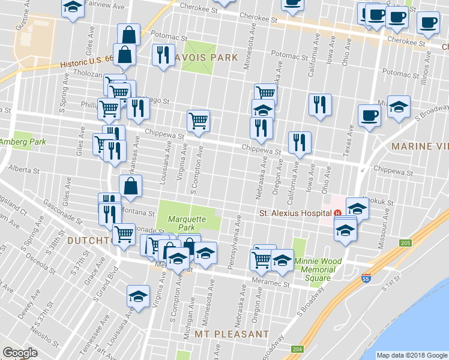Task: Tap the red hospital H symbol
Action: [337, 213]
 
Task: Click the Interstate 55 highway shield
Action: [366, 278]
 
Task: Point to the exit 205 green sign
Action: [405, 243]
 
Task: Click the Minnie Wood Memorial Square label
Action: [318, 269]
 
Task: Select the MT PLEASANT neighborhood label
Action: [231, 334]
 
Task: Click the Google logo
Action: [20, 353]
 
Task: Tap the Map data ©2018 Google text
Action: [412, 355]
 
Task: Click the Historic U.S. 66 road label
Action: [86, 62]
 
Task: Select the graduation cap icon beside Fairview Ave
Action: [73, 8]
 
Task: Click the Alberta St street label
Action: [24, 170]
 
